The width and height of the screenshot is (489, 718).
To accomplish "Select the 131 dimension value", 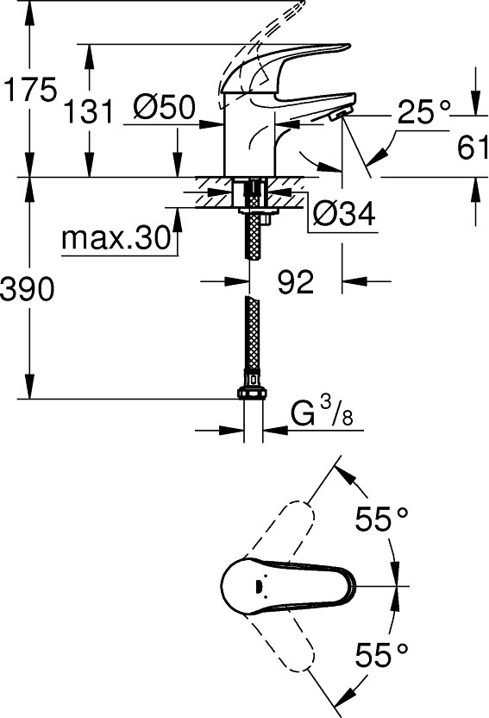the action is [x=88, y=111].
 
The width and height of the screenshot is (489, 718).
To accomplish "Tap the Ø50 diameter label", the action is [x=165, y=107].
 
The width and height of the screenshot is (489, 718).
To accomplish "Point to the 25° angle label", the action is [x=424, y=111].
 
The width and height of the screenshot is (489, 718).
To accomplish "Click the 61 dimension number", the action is [x=473, y=147].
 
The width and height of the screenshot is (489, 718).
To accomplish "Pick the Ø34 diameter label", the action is [x=344, y=213].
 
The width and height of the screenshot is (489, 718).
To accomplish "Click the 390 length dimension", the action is [x=28, y=289].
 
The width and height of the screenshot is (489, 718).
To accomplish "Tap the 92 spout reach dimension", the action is [x=296, y=281].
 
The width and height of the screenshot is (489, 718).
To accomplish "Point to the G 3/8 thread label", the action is [x=322, y=413].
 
